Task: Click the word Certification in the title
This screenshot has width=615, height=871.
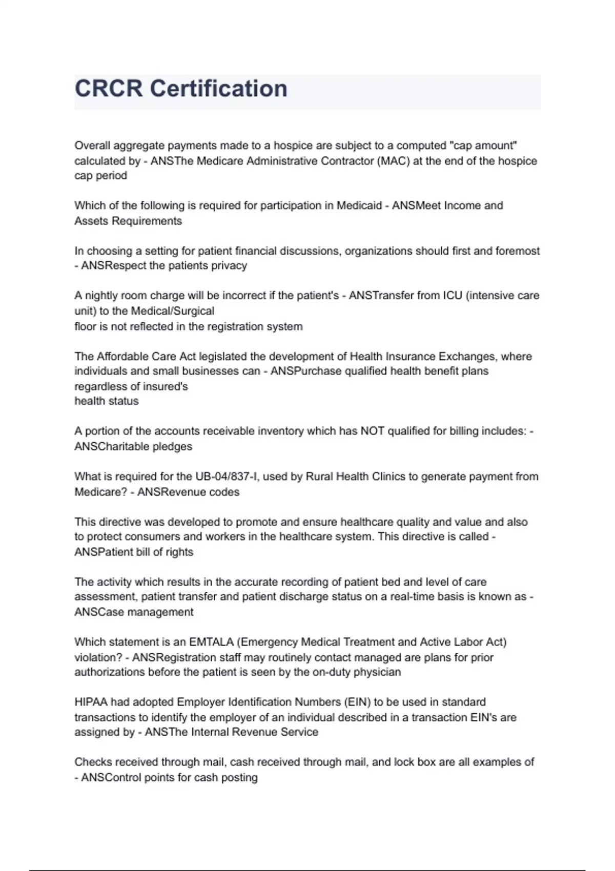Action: coord(218,89)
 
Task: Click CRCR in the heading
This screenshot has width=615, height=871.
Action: coord(109,89)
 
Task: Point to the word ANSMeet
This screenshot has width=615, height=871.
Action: coord(416,205)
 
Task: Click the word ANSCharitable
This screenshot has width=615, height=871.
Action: coord(114,447)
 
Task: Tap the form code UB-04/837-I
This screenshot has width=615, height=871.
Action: coord(226,476)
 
